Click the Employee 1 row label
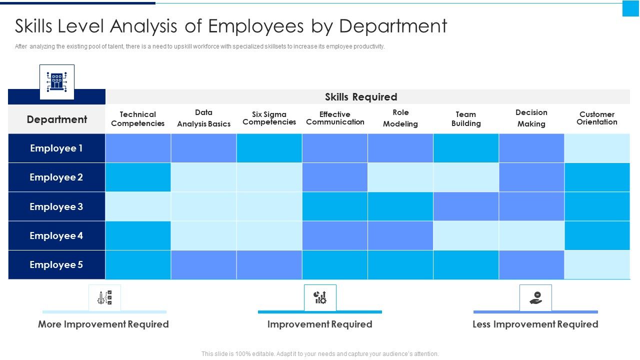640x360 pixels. (56, 148)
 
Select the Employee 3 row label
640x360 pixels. (56, 206)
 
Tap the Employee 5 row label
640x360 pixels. (56, 265)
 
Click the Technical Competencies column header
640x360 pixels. (138, 119)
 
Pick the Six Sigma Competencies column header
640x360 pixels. (269, 118)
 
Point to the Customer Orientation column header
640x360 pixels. (596, 118)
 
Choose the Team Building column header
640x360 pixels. (465, 119)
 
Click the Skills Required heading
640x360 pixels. (361, 97)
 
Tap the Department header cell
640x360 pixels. (56, 119)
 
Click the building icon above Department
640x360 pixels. (57, 81)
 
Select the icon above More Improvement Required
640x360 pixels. (104, 297)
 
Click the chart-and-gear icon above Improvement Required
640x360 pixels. (320, 297)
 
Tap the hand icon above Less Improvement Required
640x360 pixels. (535, 297)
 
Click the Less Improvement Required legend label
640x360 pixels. (535, 324)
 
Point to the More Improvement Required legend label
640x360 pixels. (103, 324)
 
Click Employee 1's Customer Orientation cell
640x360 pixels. (597, 148)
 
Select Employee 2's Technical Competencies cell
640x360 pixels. (138, 177)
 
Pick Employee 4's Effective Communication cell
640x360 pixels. (334, 235)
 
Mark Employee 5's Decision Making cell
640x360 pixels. (531, 265)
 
